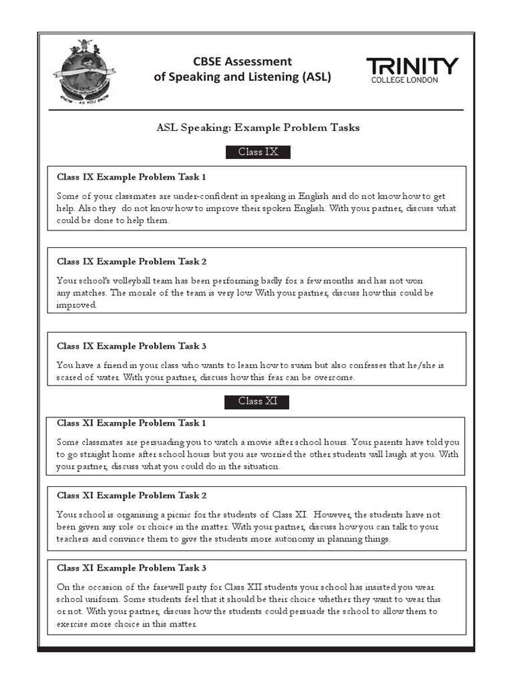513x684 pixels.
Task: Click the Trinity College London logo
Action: tap(412, 70)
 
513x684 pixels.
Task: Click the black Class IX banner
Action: tap(258, 152)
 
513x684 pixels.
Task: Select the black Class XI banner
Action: tap(258, 401)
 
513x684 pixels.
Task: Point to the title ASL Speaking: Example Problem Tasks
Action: tap(258, 128)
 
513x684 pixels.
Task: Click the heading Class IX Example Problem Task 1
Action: tap(132, 177)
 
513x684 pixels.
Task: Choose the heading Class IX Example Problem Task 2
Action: tap(132, 261)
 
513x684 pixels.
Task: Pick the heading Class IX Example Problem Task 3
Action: tap(132, 346)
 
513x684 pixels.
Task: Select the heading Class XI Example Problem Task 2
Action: tap(132, 495)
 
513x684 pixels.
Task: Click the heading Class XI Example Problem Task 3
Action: tap(132, 568)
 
